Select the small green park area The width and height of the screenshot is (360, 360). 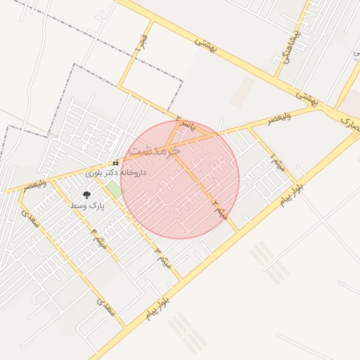[113, 189]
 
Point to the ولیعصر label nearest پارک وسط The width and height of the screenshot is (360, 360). [35, 185]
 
